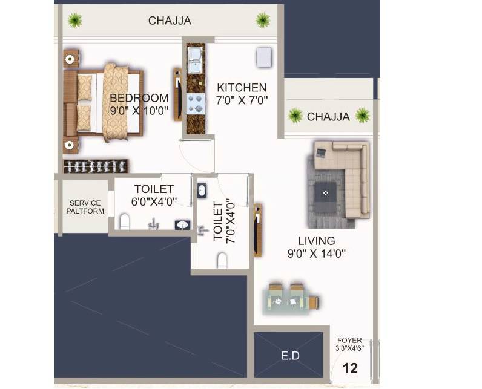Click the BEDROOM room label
(139, 98)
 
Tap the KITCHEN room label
(242, 88)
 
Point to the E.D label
(291, 356)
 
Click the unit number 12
(349, 367)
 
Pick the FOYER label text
(349, 341)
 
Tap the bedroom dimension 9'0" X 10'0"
(139, 111)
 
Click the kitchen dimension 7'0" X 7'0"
(242, 101)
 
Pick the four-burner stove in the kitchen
(195, 103)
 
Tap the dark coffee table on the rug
(326, 193)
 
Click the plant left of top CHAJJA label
(74, 21)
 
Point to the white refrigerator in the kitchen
(264, 57)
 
